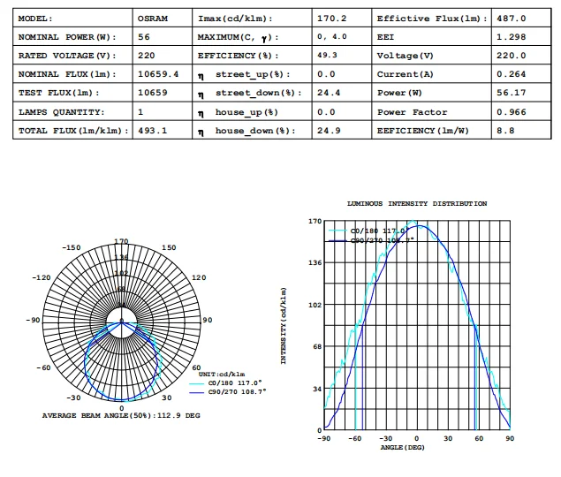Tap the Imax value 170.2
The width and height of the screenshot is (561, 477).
331,19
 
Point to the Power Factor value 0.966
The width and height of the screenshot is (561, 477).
510,112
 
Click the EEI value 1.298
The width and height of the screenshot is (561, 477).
510,37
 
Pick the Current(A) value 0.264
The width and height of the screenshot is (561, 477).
510,74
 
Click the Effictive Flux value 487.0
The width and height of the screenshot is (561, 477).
511,19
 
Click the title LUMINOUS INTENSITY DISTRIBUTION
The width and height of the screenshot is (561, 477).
417,204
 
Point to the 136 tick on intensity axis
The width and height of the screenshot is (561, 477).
314,262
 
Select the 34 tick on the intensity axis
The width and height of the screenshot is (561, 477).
315,388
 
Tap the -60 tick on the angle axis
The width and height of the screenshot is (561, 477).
357,438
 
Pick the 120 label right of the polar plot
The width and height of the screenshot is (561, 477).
199,277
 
